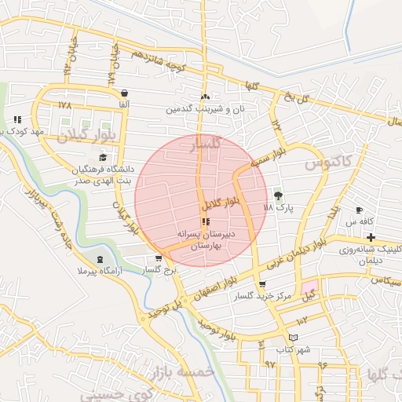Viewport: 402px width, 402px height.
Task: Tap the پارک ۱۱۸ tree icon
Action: pyautogui.click(x=276, y=196)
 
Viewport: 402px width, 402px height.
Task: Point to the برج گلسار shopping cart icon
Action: pyautogui.click(x=159, y=258)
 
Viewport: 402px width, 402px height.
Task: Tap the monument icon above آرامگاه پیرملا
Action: pyautogui.click(x=100, y=259)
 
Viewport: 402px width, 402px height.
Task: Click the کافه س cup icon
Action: pyautogui.click(x=360, y=210)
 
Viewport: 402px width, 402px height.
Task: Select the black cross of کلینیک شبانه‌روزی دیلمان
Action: pyautogui.click(x=371, y=237)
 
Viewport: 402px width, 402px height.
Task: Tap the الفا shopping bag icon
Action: pyautogui.click(x=126, y=93)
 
